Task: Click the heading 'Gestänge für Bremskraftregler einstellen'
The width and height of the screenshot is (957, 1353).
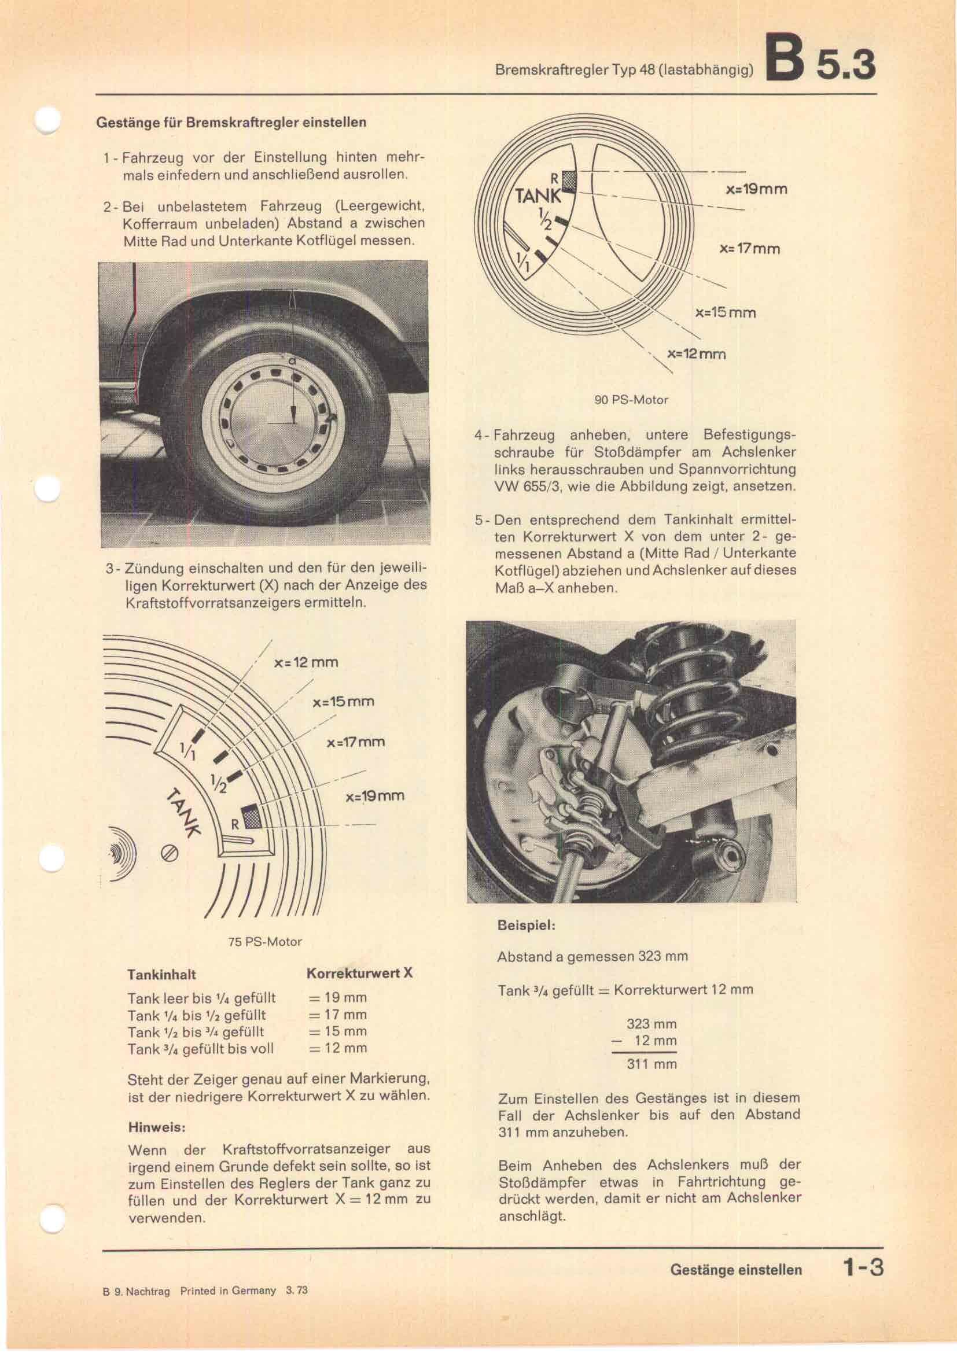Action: pos(231,123)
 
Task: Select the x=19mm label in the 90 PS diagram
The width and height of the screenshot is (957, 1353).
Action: pos(756,190)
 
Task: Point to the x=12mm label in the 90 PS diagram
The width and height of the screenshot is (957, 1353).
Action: pos(696,354)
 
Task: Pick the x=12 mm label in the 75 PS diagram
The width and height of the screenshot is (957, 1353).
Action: pos(307,662)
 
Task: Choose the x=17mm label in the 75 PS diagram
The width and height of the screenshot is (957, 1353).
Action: pos(355,742)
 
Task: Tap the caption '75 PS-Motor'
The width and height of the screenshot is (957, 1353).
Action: pos(264,942)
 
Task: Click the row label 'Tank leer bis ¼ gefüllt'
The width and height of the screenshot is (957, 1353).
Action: pos(201,998)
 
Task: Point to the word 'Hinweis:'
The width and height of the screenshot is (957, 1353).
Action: pos(157,1128)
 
